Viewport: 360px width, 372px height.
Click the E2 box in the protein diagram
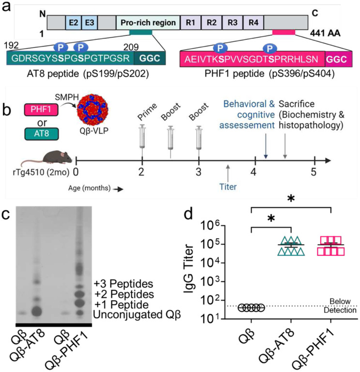click(73, 23)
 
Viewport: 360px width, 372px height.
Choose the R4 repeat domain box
click(253, 23)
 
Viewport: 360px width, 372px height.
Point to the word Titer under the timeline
click(227, 185)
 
